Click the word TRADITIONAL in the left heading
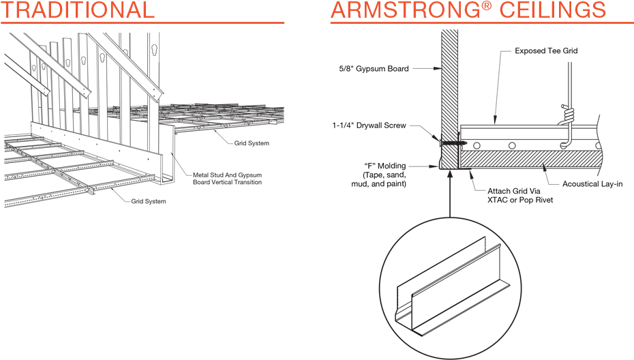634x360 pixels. (78, 10)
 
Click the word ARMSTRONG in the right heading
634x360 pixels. (416, 10)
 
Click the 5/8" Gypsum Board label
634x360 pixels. (374, 68)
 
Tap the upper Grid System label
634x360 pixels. (252, 144)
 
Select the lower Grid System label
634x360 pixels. (149, 202)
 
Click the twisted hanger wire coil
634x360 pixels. (565, 115)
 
